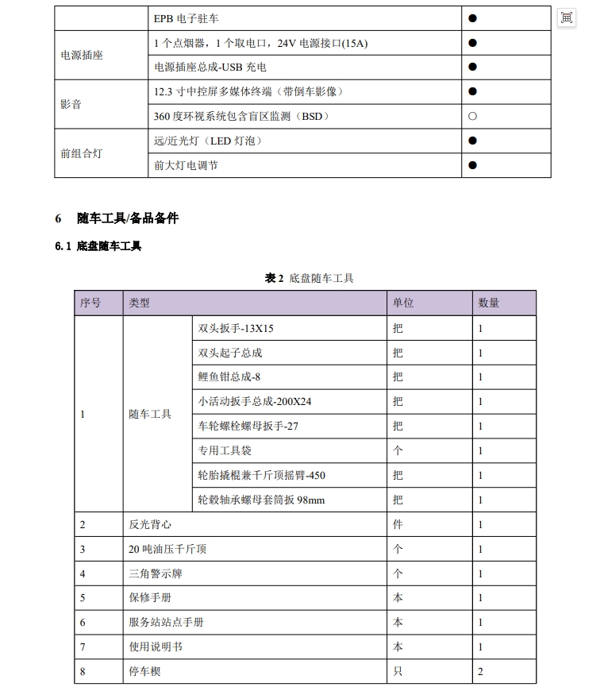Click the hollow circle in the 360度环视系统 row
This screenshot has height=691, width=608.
click(x=472, y=116)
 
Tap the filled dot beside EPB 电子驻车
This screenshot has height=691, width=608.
click(x=472, y=17)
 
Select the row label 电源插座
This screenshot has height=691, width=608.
click(x=82, y=55)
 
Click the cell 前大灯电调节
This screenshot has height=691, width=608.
click(x=187, y=165)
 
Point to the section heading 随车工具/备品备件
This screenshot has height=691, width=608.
click(x=127, y=218)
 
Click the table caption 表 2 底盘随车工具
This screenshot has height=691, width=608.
click(x=309, y=278)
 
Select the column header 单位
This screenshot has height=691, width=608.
click(x=403, y=303)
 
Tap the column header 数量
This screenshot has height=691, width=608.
click(x=489, y=303)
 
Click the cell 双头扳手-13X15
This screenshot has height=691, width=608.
click(x=236, y=328)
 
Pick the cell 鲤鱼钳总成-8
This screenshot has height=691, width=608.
click(x=229, y=377)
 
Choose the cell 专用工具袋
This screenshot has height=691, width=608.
click(x=225, y=450)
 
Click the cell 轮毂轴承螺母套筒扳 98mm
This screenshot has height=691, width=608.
click(x=261, y=500)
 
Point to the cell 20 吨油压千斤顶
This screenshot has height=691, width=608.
click(x=167, y=549)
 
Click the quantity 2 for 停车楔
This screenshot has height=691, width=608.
click(x=480, y=672)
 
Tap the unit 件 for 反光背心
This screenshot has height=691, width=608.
click(x=398, y=524)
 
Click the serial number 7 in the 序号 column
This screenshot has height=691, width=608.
click(x=83, y=647)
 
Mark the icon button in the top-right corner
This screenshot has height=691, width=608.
click(x=566, y=17)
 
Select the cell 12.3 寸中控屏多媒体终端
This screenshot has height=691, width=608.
click(x=248, y=91)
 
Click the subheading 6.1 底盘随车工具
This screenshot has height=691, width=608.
click(x=98, y=246)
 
